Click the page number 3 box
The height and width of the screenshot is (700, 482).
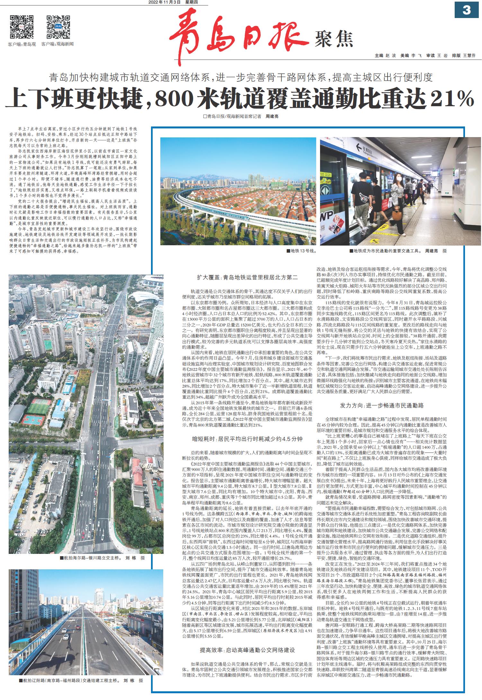point(466,10)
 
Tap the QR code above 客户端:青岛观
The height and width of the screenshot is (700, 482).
point(22,27)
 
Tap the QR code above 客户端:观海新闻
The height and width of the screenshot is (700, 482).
point(58,27)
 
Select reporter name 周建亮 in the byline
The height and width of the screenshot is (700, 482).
point(272,117)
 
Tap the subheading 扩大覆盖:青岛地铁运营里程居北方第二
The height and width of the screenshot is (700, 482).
point(247,277)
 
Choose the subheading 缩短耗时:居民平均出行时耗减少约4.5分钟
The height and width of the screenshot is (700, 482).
point(247,439)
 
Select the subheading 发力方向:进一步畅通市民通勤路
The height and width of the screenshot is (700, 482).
point(382,405)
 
